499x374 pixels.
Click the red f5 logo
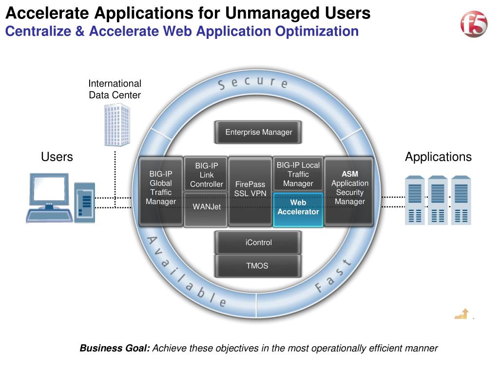pos(474,24)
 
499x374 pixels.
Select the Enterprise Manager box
pos(258,132)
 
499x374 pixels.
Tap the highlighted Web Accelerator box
pos(298,209)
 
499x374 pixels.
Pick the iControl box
pos(258,243)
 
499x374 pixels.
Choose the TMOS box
pos(258,266)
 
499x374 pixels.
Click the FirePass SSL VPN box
pos(250,191)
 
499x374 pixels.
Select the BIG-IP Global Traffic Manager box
pos(161,191)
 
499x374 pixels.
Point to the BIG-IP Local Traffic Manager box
pos(298,174)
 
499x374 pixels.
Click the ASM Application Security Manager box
pos(349,191)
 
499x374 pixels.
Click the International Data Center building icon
pos(117,125)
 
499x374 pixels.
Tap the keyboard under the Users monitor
pos(49,216)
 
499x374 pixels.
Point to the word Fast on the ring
pos(333,276)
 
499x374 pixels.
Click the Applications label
pos(438,157)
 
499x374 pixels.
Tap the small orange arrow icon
pos(462,314)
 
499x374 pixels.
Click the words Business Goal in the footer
pos(115,348)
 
